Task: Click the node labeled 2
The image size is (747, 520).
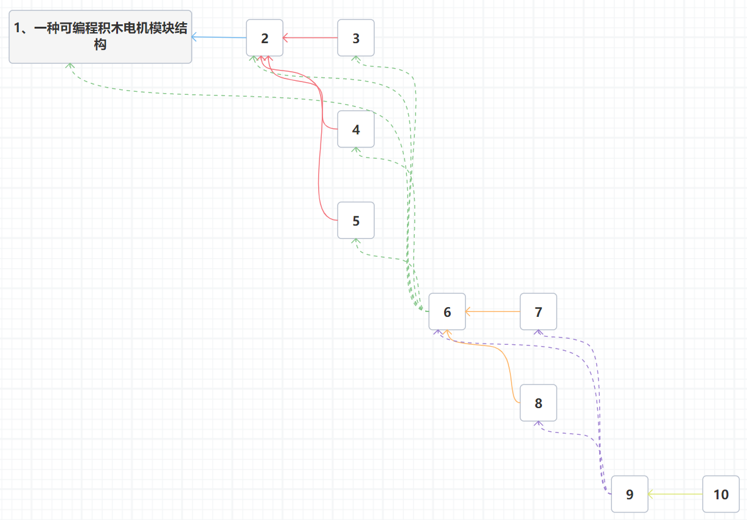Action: click(265, 38)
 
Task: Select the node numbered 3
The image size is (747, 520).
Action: click(356, 38)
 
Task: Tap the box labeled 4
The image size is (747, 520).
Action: click(356, 129)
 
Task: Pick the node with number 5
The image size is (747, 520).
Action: click(356, 220)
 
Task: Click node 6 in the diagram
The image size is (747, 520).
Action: click(447, 311)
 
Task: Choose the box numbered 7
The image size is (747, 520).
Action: click(538, 311)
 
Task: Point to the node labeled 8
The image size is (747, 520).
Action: click(538, 403)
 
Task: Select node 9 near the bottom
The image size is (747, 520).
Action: click(630, 494)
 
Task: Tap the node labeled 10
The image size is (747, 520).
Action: click(721, 494)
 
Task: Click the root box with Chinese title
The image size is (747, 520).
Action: click(100, 36)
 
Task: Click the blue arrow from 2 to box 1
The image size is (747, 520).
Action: click(219, 37)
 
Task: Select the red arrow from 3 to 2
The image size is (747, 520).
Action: click(310, 38)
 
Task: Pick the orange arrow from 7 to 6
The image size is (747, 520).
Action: click(493, 311)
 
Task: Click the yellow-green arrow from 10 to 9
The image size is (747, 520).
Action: click(675, 494)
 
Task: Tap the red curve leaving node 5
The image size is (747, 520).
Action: click(321, 182)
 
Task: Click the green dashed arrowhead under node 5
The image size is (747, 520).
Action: click(356, 241)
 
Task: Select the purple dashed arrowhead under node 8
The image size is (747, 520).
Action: click(538, 424)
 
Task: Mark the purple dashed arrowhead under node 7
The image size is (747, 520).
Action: click(538, 333)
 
